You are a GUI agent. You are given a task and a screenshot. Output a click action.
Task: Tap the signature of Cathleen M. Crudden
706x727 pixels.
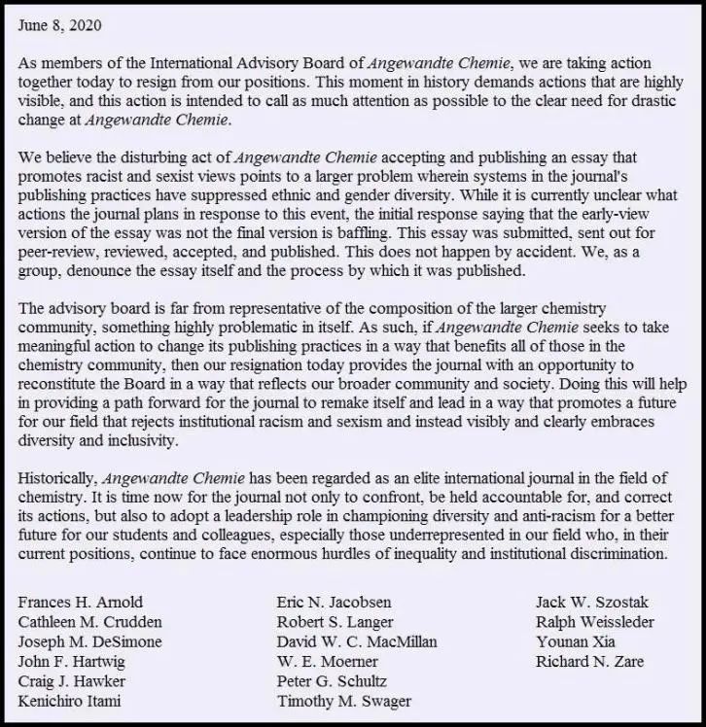90,621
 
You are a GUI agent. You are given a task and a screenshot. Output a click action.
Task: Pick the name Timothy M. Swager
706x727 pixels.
343,701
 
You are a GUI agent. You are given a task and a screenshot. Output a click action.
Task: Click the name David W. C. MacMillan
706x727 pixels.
356,641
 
